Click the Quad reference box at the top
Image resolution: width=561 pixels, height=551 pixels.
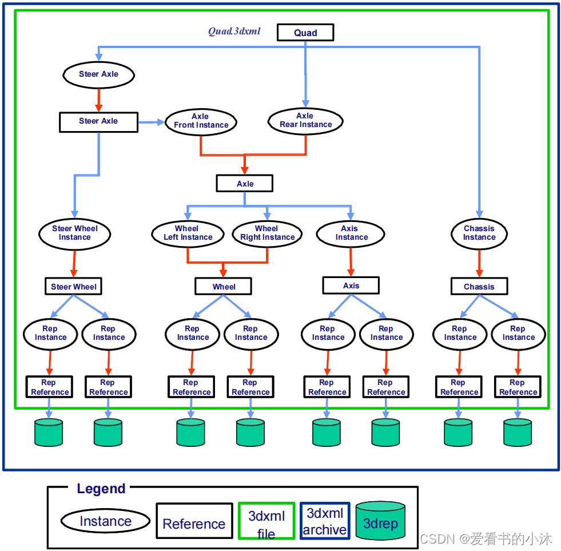click(305, 33)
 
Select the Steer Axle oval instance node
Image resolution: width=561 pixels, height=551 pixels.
click(98, 74)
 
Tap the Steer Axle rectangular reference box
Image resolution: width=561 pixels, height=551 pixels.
click(98, 121)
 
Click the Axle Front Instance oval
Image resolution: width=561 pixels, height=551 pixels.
click(201, 121)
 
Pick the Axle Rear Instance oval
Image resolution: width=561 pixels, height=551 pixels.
click(305, 120)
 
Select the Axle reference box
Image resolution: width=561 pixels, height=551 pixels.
click(245, 184)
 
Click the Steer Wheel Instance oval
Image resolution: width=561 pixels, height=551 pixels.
click(74, 233)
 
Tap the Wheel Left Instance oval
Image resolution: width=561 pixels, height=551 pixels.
click(188, 233)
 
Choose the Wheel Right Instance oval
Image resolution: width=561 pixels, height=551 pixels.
click(267, 233)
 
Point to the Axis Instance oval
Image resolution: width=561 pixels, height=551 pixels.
click(351, 233)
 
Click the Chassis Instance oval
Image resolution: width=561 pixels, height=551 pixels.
click(479, 233)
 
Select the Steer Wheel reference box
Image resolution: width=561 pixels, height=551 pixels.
click(73, 287)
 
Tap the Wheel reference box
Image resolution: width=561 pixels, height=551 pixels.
click(224, 287)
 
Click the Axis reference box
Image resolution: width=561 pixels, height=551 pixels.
click(351, 286)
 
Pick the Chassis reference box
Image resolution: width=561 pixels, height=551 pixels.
click(479, 287)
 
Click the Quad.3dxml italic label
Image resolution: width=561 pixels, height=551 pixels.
click(234, 31)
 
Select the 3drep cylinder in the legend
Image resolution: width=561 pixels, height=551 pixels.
click(380, 521)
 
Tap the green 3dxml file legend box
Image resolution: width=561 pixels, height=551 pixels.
click(266, 521)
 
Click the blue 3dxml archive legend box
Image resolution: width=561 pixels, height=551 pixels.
click(324, 521)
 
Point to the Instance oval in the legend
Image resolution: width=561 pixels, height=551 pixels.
click(105, 521)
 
